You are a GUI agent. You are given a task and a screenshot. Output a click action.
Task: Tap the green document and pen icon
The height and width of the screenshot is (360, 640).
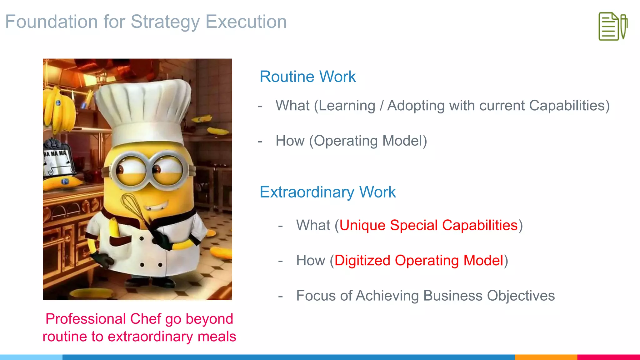[x=613, y=26]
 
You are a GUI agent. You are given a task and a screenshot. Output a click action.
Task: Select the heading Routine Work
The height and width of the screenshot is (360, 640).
[x=307, y=77]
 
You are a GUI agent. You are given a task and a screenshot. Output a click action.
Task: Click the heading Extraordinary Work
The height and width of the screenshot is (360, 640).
[x=327, y=192]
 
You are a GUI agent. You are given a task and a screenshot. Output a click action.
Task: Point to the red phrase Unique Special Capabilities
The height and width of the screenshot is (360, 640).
[x=428, y=225]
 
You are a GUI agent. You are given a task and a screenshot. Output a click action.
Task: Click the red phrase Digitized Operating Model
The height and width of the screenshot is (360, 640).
[x=419, y=261]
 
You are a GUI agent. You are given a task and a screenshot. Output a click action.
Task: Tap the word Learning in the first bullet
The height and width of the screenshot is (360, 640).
[x=347, y=106]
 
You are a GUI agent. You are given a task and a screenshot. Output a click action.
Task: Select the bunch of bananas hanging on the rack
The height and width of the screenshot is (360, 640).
[x=59, y=109]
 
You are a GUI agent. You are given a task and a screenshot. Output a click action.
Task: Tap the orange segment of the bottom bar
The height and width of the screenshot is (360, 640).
[x=546, y=357]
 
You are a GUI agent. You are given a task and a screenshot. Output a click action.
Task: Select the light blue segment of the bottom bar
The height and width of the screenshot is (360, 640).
[x=31, y=357]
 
